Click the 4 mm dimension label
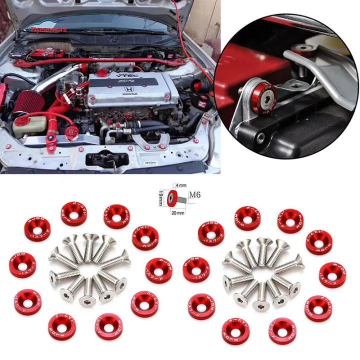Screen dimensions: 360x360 click(180, 185)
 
